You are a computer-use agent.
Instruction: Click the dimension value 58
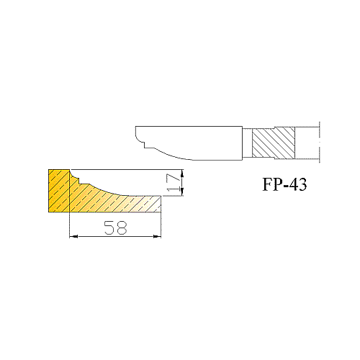pos(115,228)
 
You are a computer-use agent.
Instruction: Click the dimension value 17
pos(174,183)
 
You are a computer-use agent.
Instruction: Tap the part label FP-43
pos(284,184)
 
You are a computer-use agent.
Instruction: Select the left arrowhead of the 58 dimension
pos(73,237)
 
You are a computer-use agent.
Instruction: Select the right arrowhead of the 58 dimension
pos(157,237)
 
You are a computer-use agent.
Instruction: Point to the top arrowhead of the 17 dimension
pos(182,174)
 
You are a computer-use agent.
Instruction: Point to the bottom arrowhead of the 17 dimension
pos(182,192)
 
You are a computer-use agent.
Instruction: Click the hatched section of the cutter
pos(274,143)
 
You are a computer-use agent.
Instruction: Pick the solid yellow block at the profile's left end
pos(59,191)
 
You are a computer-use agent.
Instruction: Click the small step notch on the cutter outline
pos(145,145)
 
